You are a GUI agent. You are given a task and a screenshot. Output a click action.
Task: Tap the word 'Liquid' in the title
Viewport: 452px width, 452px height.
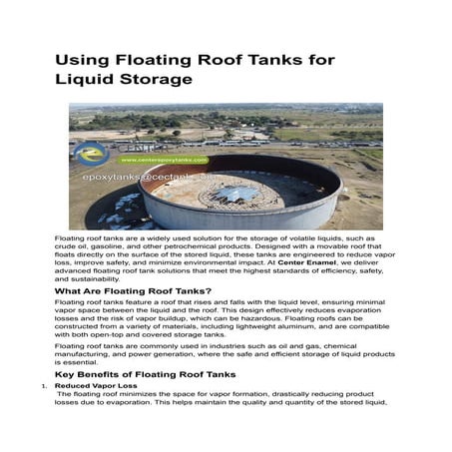[x=85, y=81]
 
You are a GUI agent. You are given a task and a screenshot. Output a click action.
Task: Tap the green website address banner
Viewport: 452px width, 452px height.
[x=163, y=160]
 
